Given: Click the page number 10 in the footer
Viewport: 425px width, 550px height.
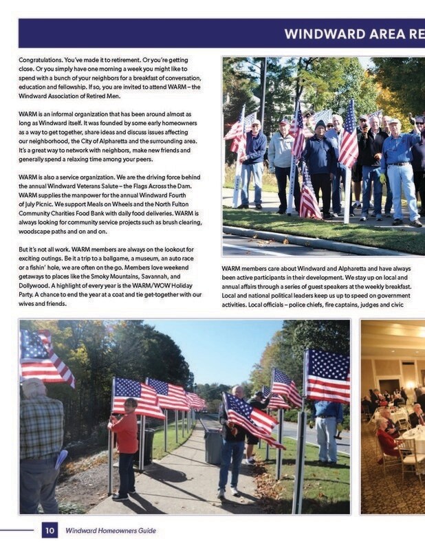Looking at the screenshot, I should coord(50,530).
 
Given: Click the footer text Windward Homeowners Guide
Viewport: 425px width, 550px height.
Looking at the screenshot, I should coord(111,531).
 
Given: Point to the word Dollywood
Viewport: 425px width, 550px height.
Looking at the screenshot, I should coord(36,285).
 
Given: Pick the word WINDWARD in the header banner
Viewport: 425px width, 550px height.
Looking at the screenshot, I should coord(318,34).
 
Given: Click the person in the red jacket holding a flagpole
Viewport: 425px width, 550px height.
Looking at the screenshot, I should coord(126,440).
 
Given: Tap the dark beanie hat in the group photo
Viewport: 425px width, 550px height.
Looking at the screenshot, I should coord(320,124).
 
